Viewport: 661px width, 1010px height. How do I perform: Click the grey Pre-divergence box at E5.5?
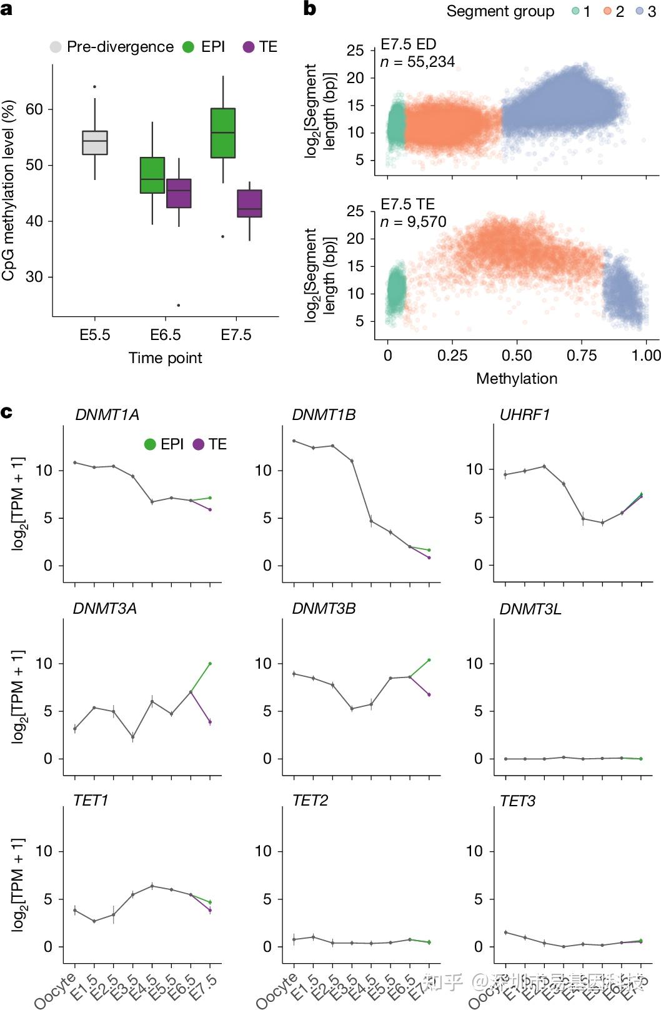(x=95, y=142)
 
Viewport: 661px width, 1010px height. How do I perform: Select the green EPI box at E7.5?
(x=223, y=132)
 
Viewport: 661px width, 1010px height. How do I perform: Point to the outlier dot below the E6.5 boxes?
(x=179, y=305)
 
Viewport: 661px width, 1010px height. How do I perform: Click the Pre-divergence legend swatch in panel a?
(x=56, y=47)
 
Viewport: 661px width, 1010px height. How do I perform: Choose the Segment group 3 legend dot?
(x=640, y=12)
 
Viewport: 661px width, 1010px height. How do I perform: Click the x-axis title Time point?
(x=165, y=358)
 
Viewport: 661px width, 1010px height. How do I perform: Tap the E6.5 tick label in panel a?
(x=165, y=335)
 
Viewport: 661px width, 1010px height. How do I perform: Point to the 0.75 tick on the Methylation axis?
(x=582, y=356)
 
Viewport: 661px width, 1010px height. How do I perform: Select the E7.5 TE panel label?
(x=407, y=204)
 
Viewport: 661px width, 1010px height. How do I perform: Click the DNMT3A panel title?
(x=104, y=609)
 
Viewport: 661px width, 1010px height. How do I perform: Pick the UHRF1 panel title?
(x=524, y=415)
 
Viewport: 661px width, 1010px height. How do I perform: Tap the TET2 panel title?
(x=310, y=801)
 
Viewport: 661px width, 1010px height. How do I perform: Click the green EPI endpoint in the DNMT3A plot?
(x=210, y=663)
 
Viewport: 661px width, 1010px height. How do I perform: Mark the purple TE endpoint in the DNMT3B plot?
(x=429, y=694)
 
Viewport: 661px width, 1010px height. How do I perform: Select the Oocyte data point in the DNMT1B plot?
(x=294, y=441)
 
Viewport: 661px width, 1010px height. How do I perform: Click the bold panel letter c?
(x=7, y=412)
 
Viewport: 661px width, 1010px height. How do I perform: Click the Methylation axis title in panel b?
(x=516, y=378)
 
